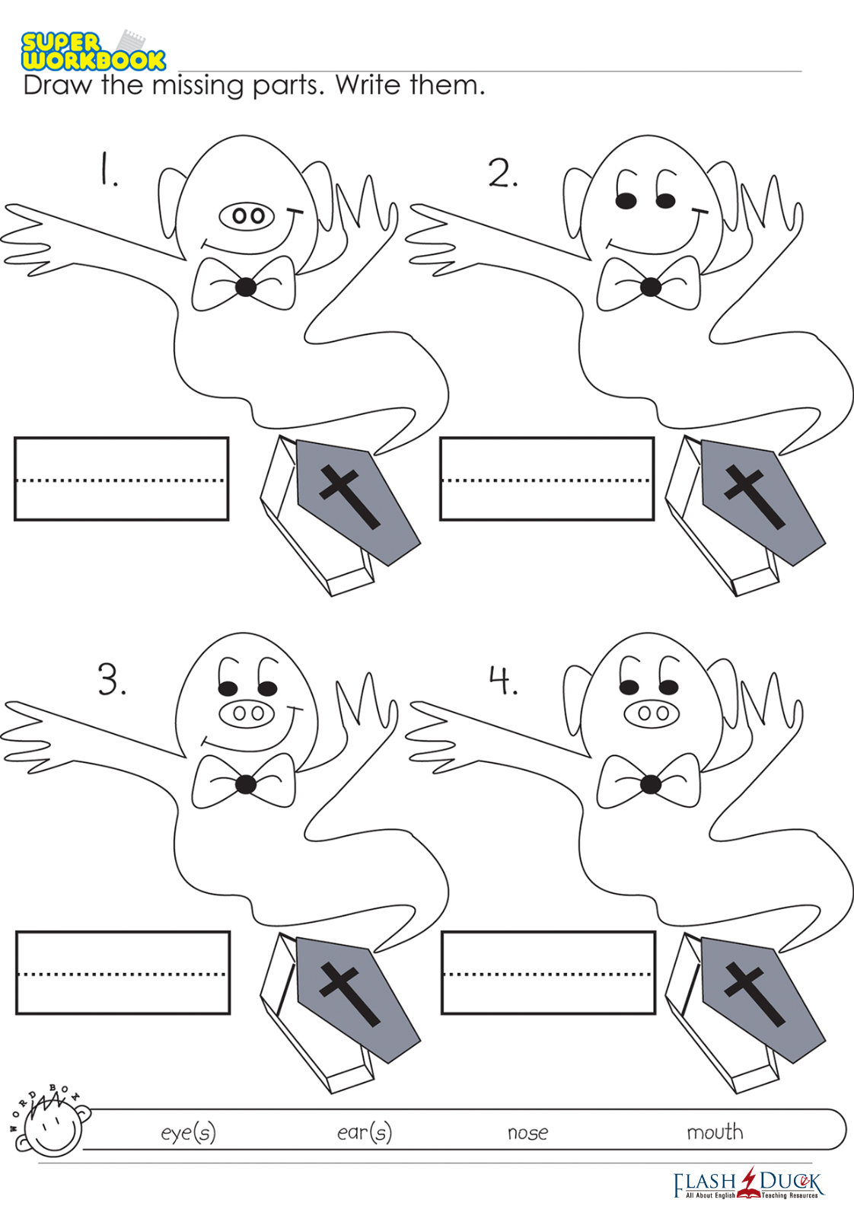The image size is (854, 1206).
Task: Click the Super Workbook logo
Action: (x=93, y=51)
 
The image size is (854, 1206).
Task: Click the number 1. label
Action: (x=108, y=169)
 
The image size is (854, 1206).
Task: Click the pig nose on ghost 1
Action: (x=247, y=216)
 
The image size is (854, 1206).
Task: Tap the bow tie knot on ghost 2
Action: (x=650, y=286)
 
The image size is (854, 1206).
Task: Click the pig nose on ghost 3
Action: (x=247, y=713)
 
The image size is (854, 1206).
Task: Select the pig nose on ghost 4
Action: (x=652, y=713)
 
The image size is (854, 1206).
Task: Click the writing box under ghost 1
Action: (x=122, y=479)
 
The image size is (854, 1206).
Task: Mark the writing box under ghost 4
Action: (x=548, y=973)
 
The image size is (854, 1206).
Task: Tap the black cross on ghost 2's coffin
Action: (x=752, y=496)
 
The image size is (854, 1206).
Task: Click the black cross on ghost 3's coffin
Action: (x=348, y=994)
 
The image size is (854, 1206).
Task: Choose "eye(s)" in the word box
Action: (x=188, y=1133)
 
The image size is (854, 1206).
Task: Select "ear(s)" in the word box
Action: (x=365, y=1132)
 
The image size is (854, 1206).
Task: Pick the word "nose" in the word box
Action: (x=528, y=1134)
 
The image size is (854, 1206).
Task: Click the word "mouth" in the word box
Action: (x=715, y=1132)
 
